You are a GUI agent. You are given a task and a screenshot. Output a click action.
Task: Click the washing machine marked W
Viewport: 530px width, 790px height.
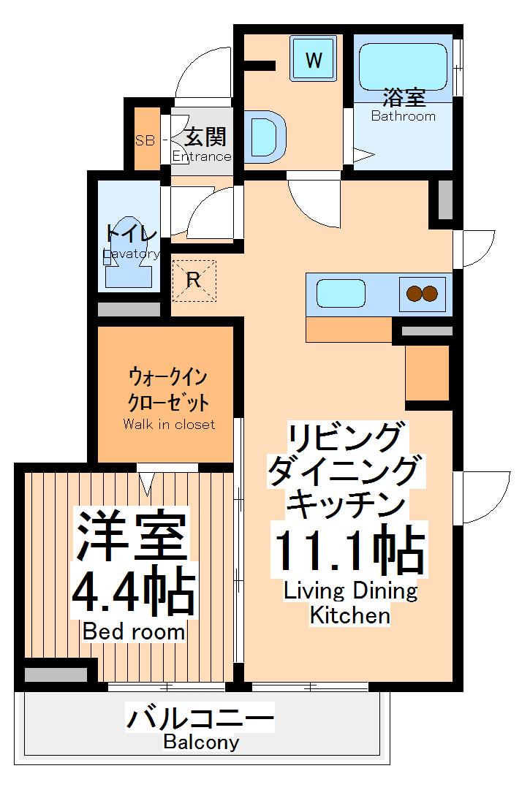point(314,59)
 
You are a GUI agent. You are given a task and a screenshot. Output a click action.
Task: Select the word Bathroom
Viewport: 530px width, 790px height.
point(403,116)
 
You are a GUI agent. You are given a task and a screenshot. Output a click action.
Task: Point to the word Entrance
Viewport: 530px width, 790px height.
point(202,156)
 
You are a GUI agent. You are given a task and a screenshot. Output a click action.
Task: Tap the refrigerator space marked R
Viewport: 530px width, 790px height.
point(194,280)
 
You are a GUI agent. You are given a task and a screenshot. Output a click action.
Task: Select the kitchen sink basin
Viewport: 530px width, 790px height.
point(340,295)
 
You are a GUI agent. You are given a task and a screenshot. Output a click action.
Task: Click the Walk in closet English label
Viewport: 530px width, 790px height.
point(169,425)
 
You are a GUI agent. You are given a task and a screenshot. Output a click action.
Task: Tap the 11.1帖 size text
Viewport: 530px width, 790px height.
point(349,551)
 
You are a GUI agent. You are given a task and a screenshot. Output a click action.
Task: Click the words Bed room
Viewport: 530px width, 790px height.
point(134,631)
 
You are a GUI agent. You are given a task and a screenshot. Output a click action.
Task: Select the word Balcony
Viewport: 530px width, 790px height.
point(201,742)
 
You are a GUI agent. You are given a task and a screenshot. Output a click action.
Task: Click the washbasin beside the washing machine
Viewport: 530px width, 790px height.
point(264,134)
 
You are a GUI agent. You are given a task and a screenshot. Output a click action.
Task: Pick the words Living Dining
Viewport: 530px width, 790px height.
point(350,590)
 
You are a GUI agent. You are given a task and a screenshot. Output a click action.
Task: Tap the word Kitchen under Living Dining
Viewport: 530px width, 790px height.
point(350,615)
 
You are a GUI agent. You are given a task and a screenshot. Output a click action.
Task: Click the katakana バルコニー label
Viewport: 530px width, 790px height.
point(201,718)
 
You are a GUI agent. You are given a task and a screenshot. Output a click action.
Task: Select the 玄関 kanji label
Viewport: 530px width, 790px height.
point(205,137)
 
